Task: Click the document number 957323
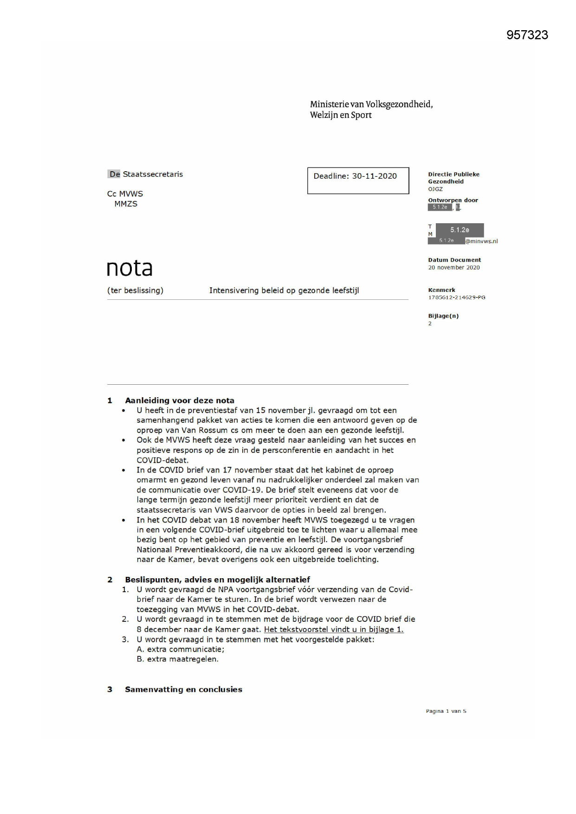tap(527, 35)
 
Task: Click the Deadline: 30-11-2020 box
tap(357, 180)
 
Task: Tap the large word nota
tap(129, 268)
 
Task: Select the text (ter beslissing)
tap(135, 291)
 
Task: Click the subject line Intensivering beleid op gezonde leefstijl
tap(284, 291)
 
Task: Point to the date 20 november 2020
tap(453, 268)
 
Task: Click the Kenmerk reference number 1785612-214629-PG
tap(456, 297)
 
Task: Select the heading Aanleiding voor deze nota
tap(179, 401)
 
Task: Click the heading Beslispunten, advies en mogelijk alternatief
tap(217, 580)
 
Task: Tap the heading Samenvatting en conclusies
tap(183, 690)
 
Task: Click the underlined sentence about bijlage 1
tap(333, 630)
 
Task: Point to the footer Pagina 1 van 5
tap(446, 711)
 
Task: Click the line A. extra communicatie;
tap(180, 650)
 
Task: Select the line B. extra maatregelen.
tap(177, 659)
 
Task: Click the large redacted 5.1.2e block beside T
tap(460, 230)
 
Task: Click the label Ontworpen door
tap(453, 200)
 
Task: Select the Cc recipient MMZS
tap(126, 204)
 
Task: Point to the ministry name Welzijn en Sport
tap(341, 115)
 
